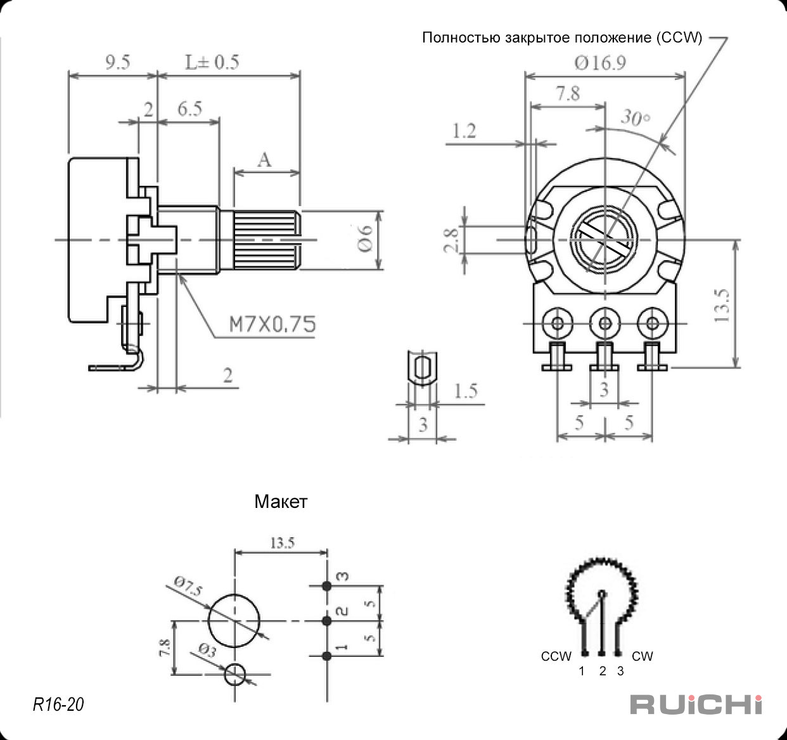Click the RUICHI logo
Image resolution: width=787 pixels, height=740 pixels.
696,704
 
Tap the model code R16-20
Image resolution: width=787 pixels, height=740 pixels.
58,704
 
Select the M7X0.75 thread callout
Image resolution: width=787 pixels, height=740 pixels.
272,324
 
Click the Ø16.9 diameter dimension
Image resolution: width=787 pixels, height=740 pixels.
600,63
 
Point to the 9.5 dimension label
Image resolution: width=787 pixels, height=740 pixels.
118,62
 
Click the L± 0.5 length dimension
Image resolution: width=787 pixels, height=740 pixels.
212,62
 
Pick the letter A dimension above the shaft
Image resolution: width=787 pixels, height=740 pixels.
265,160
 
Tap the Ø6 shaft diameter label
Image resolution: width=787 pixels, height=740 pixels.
366,238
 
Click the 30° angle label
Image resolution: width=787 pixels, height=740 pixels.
636,117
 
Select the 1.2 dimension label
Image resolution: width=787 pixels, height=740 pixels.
464,131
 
